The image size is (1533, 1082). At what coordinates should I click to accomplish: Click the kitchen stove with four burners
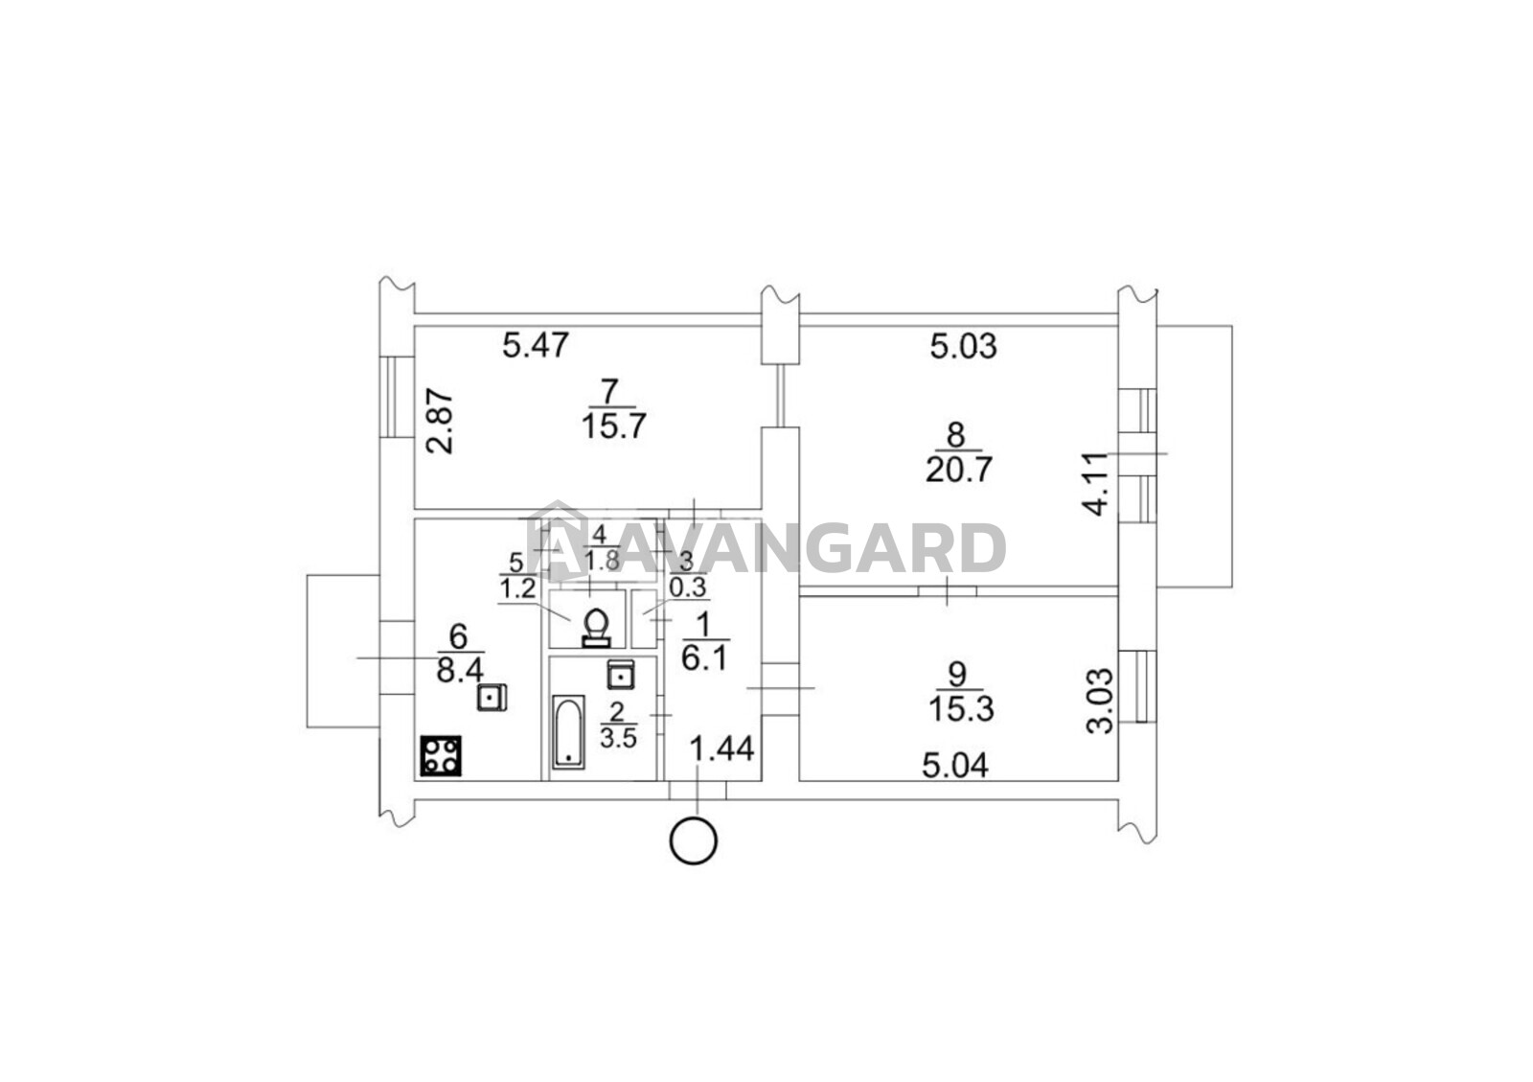click(441, 756)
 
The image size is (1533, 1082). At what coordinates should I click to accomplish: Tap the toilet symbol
click(596, 627)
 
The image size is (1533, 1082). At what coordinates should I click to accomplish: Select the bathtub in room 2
click(569, 732)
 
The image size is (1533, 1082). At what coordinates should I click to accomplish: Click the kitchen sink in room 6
click(492, 698)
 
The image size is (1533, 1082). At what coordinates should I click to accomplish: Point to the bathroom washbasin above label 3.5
click(621, 675)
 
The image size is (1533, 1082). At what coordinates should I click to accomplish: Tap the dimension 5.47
click(536, 345)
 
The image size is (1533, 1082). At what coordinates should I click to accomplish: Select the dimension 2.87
click(440, 422)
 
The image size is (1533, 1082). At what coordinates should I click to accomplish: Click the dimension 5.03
click(964, 346)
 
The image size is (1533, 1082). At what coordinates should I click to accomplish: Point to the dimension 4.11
click(1096, 484)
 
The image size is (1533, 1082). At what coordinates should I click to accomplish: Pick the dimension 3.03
click(1101, 702)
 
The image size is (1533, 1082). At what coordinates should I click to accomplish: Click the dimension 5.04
click(955, 765)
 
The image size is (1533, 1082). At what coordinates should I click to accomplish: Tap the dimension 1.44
click(722, 748)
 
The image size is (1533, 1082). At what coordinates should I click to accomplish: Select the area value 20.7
click(959, 471)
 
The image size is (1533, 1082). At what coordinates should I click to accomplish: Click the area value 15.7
click(614, 427)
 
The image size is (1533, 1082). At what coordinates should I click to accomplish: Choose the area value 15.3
click(961, 710)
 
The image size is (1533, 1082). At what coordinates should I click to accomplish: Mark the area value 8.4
click(460, 671)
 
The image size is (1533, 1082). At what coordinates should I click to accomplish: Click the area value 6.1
click(705, 659)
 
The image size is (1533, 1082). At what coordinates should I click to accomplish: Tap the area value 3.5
click(617, 739)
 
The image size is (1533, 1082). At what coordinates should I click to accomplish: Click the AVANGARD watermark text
click(766, 547)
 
